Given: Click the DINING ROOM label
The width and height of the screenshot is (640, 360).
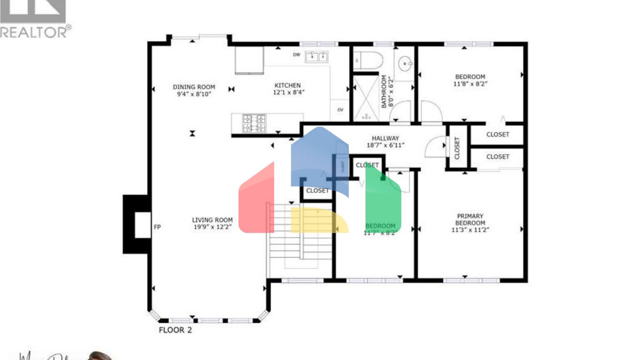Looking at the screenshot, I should (x=194, y=87).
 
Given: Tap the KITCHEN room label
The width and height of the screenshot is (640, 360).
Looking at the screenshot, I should (x=287, y=85).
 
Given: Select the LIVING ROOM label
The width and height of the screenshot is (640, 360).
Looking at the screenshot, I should (x=212, y=220).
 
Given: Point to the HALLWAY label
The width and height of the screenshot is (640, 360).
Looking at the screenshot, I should (x=385, y=138).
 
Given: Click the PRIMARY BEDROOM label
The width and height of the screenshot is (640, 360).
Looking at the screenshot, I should (x=470, y=219).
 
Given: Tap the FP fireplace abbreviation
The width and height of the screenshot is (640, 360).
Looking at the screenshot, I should (x=157, y=227).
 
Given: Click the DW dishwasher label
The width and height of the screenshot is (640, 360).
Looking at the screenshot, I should (x=296, y=55).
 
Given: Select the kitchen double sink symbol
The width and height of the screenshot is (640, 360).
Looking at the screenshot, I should (x=316, y=57).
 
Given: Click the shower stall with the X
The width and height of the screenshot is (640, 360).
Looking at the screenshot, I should (x=366, y=98).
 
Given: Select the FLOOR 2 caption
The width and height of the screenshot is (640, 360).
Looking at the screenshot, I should (x=175, y=330).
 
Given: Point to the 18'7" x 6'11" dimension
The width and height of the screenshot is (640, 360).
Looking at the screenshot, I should (x=385, y=145).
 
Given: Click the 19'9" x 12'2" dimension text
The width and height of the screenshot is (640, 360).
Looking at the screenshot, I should (x=212, y=227).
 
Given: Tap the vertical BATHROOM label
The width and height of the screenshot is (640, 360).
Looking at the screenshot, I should (x=384, y=91).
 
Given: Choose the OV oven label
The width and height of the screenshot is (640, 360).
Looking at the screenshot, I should (x=340, y=110).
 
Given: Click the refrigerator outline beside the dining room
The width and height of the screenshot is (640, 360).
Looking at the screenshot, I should (x=249, y=60).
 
